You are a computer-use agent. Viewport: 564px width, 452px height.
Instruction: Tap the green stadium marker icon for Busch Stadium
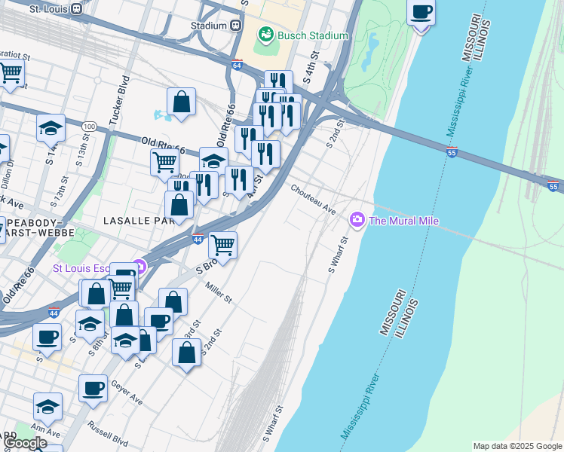pyautogui.click(x=265, y=35)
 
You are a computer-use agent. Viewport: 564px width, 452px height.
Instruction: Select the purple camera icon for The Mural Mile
pyautogui.click(x=357, y=220)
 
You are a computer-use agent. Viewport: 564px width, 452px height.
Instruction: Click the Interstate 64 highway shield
pyautogui.click(x=237, y=66)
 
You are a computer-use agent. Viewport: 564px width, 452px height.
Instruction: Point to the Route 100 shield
pyautogui.click(x=90, y=125)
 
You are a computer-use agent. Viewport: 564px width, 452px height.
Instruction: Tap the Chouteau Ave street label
pyautogui.click(x=313, y=200)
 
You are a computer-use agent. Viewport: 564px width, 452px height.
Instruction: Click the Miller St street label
pyautogui.click(x=219, y=293)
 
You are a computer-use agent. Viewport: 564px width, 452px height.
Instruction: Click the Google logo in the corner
pyautogui.click(x=25, y=443)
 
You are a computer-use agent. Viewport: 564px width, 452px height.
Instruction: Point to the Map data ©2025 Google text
pyautogui.click(x=516, y=446)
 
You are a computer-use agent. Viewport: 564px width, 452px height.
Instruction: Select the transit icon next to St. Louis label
pyautogui.click(x=76, y=9)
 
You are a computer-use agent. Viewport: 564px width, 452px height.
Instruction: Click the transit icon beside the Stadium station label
pyautogui.click(x=236, y=25)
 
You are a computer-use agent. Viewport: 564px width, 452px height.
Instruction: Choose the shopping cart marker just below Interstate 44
pyautogui.click(x=222, y=245)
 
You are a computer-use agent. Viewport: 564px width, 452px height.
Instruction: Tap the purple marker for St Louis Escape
pyautogui.click(x=138, y=267)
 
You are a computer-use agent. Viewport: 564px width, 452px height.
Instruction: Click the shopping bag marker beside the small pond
pyautogui.click(x=181, y=102)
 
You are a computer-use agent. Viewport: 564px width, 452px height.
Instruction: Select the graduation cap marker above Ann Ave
pyautogui.click(x=48, y=407)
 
